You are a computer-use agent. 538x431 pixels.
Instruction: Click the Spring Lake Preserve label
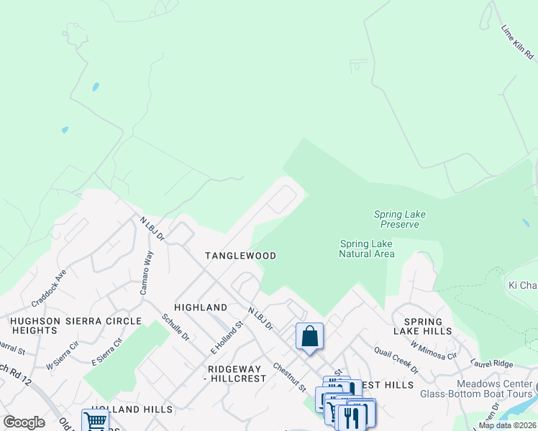tap(396, 219)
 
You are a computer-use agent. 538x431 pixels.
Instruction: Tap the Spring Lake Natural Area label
tap(366, 249)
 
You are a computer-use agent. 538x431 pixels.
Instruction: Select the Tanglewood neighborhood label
tap(240, 256)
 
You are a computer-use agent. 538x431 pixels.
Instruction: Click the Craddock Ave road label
tap(49, 286)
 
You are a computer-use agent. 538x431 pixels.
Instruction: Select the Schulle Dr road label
tap(175, 327)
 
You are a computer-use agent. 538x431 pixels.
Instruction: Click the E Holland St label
tap(227, 337)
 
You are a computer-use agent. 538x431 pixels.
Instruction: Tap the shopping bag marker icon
tap(309, 336)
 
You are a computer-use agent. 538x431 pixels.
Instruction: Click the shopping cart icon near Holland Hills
tap(94, 421)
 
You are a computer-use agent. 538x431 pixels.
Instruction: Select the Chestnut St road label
tap(289, 377)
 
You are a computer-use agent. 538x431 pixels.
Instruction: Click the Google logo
tap(24, 422)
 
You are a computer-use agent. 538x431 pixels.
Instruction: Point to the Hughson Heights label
tap(35, 325)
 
